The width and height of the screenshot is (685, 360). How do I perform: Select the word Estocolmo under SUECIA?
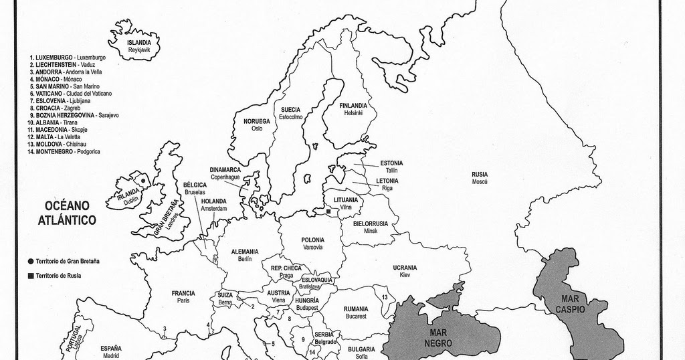pyautogui.click(x=291, y=117)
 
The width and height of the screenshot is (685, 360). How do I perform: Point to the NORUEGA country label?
pyautogui.click(x=257, y=121)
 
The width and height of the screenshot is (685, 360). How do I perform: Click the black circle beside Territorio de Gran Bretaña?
pyautogui.click(x=31, y=261)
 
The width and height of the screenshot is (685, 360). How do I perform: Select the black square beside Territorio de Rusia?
pyautogui.click(x=31, y=276)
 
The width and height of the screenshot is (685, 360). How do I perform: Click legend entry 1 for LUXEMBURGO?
pyautogui.click(x=67, y=58)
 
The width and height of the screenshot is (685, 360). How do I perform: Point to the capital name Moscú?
pyautogui.click(x=479, y=182)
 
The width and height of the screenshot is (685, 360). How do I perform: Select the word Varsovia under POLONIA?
pyautogui.click(x=312, y=247)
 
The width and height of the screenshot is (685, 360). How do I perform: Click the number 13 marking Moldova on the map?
pyautogui.click(x=385, y=296)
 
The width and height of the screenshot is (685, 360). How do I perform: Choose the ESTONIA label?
pyautogui.click(x=391, y=163)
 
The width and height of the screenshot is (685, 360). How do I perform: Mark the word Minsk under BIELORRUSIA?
pyautogui.click(x=371, y=231)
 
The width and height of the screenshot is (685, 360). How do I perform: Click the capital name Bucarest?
pyautogui.click(x=356, y=316)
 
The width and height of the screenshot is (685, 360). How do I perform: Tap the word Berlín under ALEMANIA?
pyautogui.click(x=244, y=259)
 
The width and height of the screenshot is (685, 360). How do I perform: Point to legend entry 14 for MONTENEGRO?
pyautogui.click(x=64, y=152)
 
